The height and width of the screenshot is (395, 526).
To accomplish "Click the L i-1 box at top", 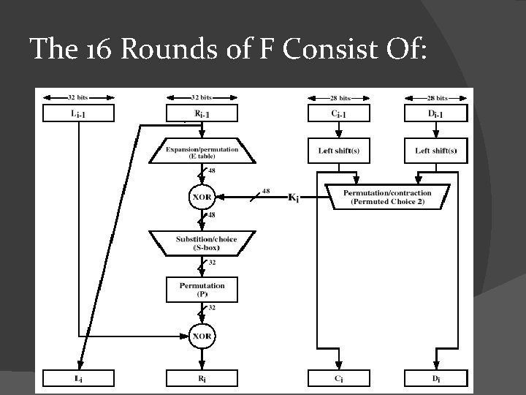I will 79,113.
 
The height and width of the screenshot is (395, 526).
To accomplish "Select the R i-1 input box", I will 202,113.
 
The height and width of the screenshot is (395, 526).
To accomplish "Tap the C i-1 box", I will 339,113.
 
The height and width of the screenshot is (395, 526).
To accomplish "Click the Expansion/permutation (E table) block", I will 202,152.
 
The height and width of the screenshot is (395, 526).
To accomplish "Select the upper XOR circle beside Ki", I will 202,197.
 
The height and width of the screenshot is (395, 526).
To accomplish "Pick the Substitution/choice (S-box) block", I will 202,243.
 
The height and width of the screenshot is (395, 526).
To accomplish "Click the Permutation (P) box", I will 202,289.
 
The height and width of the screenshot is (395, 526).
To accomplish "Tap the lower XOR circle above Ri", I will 202,336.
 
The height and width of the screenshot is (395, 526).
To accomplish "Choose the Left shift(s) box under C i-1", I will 339,151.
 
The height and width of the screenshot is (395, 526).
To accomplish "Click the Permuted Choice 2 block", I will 387,197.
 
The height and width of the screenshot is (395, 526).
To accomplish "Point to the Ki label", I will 294,197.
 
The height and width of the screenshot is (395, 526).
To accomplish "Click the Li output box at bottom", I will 79,377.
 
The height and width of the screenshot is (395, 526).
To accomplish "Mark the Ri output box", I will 202,377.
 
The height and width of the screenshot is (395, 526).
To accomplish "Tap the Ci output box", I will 339,377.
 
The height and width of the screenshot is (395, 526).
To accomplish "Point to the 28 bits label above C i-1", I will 339,97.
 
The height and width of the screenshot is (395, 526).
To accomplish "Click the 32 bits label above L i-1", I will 79,97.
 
